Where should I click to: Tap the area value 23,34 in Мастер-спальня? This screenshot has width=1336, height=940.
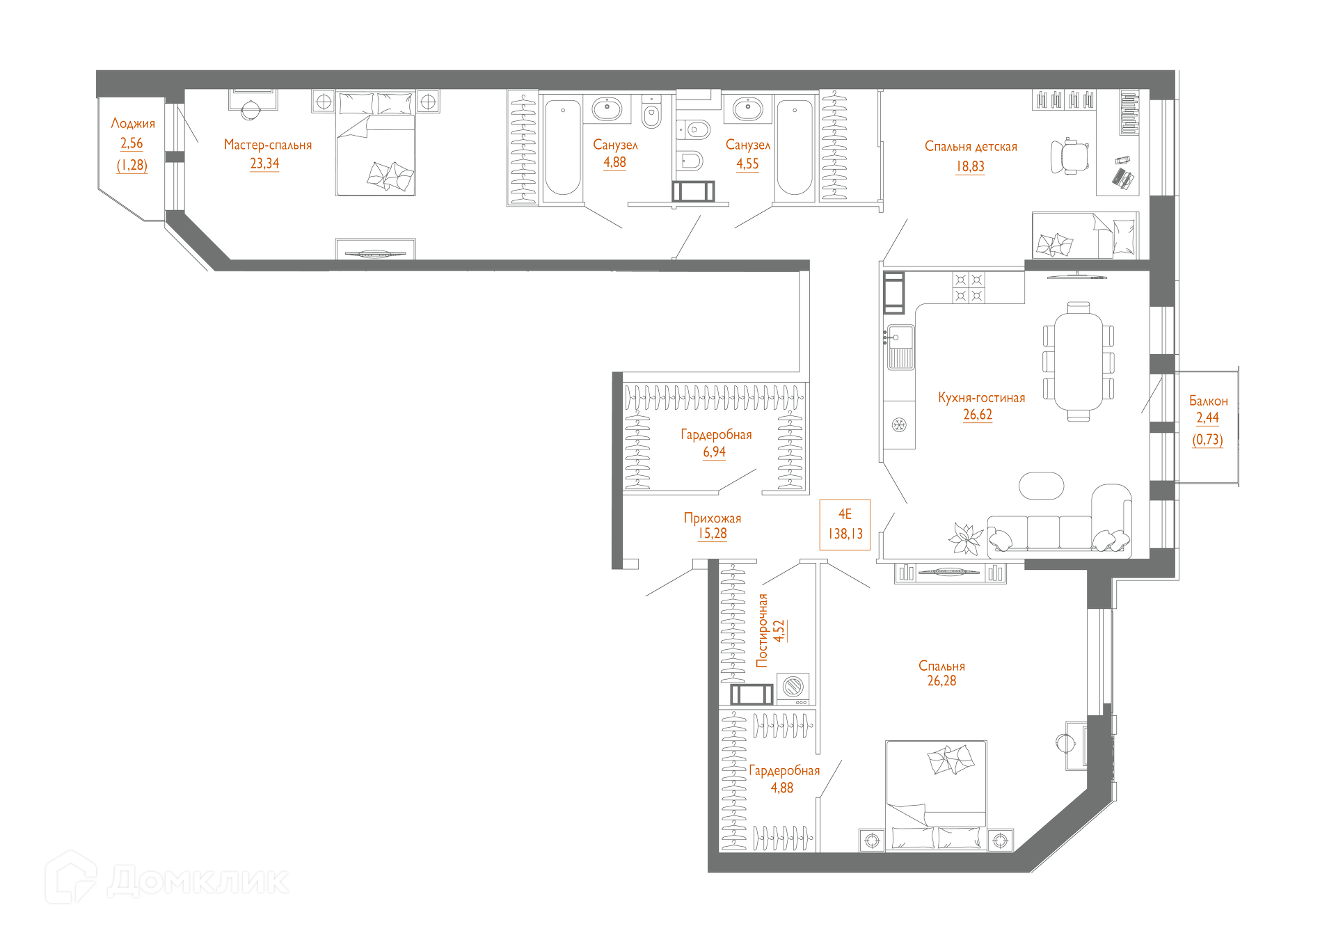[264, 164]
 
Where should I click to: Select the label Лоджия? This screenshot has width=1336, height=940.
[133, 124]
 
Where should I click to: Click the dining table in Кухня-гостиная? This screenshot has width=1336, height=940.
[1078, 360]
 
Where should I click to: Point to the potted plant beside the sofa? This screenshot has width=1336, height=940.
[966, 537]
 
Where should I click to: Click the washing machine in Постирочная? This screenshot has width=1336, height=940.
[793, 687]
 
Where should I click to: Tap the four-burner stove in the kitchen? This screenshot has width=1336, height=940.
[969, 287]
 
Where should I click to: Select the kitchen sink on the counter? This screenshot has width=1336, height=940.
[900, 346]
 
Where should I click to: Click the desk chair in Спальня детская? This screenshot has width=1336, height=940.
[1070, 157]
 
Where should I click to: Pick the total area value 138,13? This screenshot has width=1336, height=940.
[845, 534]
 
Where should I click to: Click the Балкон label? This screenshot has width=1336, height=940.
[1208, 401]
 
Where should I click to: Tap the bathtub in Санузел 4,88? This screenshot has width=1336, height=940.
[562, 147]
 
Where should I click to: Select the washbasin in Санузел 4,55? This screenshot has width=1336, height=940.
[748, 109]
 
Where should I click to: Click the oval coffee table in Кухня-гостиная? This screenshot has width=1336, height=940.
[1041, 486]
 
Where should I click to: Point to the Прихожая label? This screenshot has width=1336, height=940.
[713, 518]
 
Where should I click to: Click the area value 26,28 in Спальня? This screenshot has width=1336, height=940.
[941, 681]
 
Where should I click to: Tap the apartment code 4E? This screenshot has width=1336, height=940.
[845, 514]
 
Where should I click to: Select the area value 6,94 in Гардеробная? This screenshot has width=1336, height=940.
[714, 452]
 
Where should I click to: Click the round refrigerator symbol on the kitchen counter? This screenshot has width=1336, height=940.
[899, 425]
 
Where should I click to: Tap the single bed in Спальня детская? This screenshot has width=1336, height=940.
[1085, 236]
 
